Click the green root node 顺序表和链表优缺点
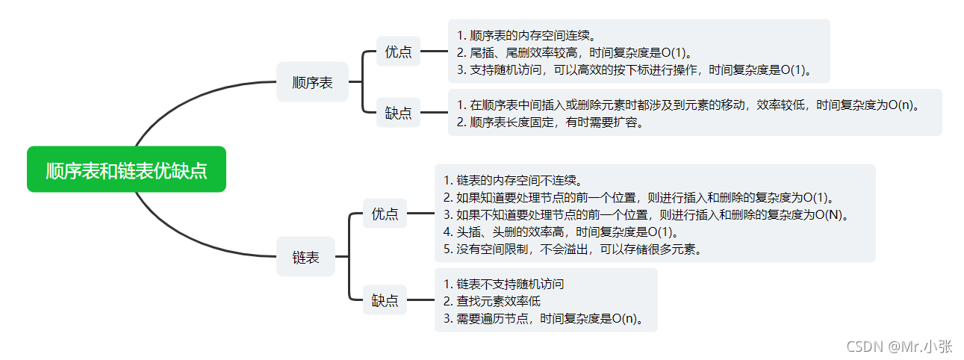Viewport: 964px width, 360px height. coord(126,170)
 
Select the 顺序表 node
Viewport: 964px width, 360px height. coord(312,82)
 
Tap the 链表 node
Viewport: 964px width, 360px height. coord(305,257)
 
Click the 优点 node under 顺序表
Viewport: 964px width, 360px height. coord(398,52)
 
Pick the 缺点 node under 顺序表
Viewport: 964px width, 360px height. coord(398,113)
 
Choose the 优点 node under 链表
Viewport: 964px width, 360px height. coord(385,214)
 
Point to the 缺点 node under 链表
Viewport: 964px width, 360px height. coord(385,301)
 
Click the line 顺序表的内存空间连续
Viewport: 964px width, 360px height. coord(526,35)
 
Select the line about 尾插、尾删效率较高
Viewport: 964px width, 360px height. coord(574,53)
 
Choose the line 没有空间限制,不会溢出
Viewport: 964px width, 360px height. coord(572,249)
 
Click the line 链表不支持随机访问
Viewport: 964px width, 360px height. coord(503,284)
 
